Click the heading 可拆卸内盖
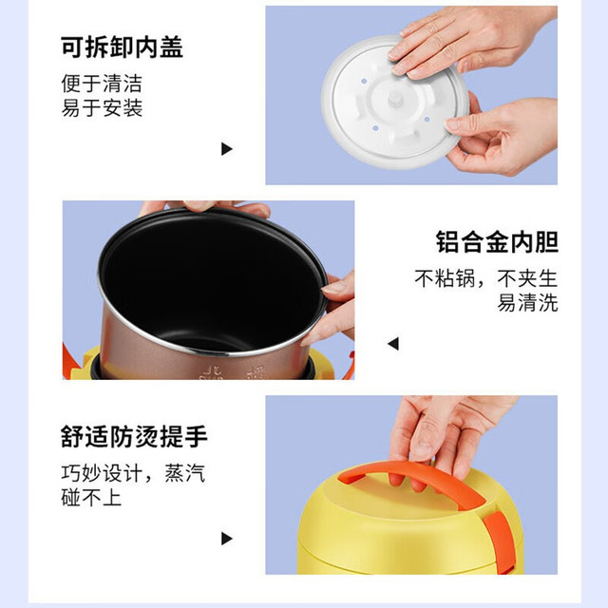(122, 47)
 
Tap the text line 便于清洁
(102, 84)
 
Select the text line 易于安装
(102, 107)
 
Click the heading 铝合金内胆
(497, 242)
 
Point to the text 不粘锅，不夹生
(486, 278)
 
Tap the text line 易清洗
(527, 303)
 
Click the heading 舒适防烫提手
(134, 437)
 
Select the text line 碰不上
(91, 497)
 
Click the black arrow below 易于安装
(226, 149)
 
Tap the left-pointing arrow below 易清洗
(393, 344)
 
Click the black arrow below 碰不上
(226, 539)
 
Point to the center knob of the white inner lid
(394, 99)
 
